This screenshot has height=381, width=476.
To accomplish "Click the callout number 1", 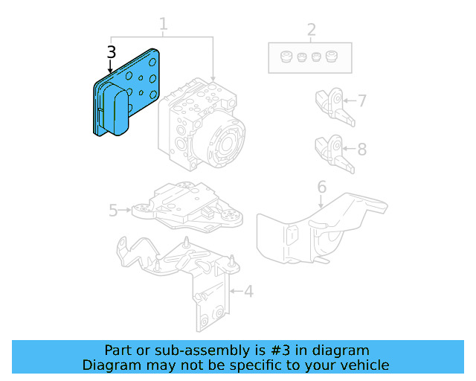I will click(163, 25).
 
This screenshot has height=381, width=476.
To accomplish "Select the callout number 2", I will click(311, 30).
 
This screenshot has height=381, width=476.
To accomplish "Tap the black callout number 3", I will click(111, 52).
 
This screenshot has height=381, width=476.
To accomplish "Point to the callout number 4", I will click(248, 291).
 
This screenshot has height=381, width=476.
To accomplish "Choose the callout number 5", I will click(113, 211).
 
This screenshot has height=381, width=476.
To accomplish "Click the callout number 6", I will click(321, 186).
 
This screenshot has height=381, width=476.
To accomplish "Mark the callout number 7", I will click(361, 100).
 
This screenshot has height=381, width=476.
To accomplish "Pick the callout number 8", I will click(361, 149).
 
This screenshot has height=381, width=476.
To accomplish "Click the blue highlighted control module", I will click(126, 93).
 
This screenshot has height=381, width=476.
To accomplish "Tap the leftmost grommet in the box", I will click(285, 57).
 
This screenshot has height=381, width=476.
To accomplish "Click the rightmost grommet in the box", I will click(331, 57).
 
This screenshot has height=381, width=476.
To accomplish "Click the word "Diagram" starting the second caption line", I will click(109, 365).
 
